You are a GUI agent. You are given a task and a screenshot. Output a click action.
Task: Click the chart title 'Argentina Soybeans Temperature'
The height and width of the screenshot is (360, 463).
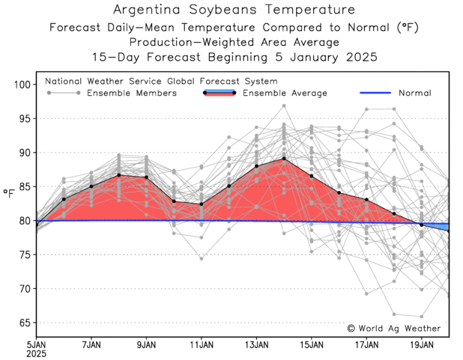click(x=234, y=10)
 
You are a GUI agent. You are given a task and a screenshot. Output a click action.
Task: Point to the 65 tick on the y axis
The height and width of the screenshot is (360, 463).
click(x=23, y=323)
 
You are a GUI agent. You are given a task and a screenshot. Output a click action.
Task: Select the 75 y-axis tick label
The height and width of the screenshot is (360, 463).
click(x=23, y=254)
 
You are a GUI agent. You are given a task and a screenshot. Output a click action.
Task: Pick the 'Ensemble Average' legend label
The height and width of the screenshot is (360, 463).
click(x=285, y=93)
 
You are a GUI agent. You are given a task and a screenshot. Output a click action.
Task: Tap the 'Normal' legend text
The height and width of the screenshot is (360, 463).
click(x=414, y=93)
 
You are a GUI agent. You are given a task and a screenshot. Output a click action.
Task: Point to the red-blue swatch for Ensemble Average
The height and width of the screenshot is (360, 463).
click(x=220, y=93)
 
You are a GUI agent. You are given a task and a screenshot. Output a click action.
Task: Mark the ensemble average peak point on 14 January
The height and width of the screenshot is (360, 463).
click(x=284, y=159)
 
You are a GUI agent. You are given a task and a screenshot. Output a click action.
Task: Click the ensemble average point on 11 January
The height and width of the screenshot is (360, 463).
click(x=202, y=204)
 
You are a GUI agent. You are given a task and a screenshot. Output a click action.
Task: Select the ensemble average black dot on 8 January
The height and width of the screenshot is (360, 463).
click(x=119, y=175)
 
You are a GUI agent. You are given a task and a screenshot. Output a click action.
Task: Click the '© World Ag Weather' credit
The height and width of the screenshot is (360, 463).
click(x=394, y=328)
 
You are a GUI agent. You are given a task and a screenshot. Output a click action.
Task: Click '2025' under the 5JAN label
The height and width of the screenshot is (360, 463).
click(x=37, y=354)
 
